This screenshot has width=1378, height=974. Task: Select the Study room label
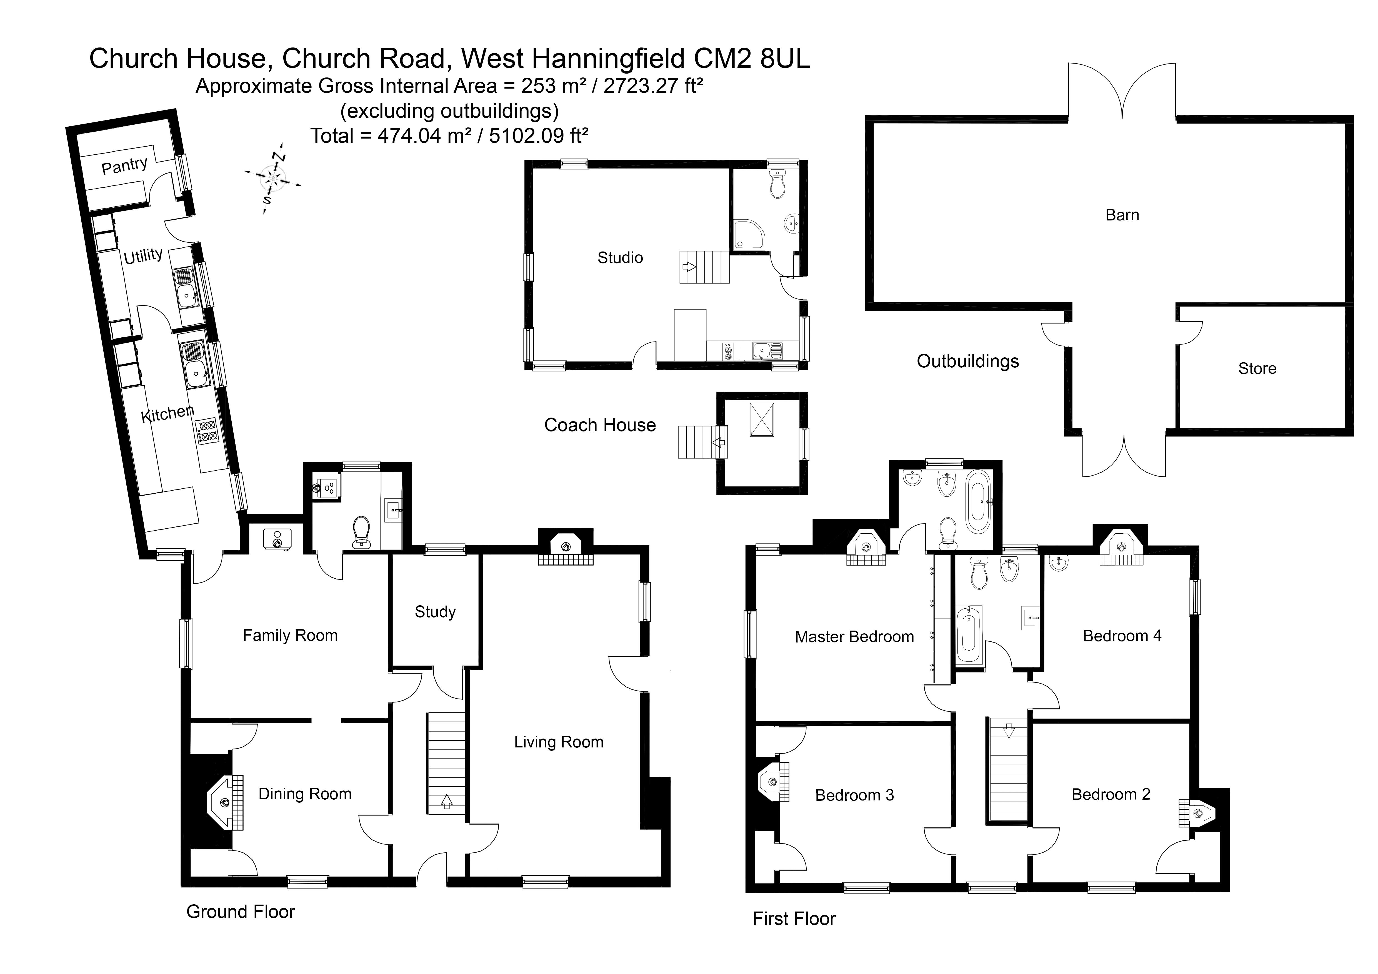pyautogui.click(x=435, y=612)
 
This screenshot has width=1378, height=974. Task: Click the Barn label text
pyautogui.click(x=1122, y=215)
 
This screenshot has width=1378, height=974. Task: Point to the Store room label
pyautogui.click(x=1257, y=368)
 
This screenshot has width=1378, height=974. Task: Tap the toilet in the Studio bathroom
pyautogui.click(x=778, y=184)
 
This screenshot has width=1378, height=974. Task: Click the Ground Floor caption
pyautogui.click(x=241, y=912)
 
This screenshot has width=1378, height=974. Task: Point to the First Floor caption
pyautogui.click(x=794, y=918)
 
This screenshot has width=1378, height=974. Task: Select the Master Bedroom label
pyautogui.click(x=854, y=637)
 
